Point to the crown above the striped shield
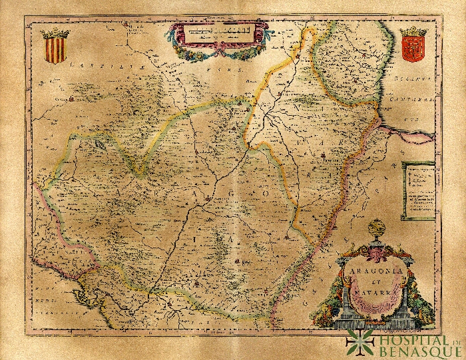pyautogui.click(x=54, y=34)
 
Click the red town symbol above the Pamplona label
pyautogui.click(x=324, y=157)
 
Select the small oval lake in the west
pyautogui.click(x=99, y=142)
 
